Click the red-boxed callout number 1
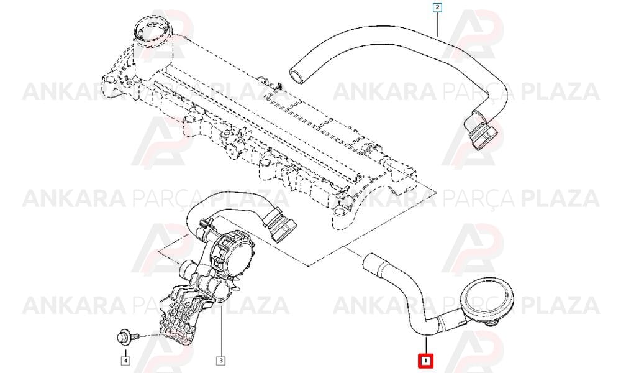pos(425,361)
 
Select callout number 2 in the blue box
pos(437,7)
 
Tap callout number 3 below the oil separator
pos(220,361)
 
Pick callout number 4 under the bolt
pos(125,361)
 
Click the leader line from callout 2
pos(438,24)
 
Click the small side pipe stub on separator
pos(186,270)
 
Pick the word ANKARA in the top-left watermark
pos(75,91)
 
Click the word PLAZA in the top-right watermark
pos(560,91)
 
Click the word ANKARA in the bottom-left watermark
pos(75,305)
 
